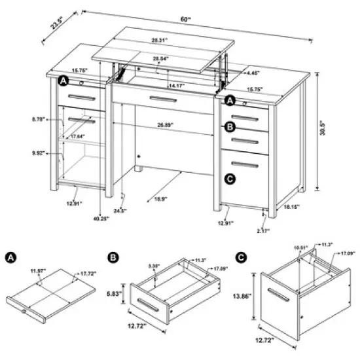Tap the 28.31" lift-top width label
pos(159,40)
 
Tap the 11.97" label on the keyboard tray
pos(38,270)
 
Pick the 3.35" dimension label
pos(135,266)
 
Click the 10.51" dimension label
pos(300,247)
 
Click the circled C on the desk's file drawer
pos(229,179)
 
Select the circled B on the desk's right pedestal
pos(229,127)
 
